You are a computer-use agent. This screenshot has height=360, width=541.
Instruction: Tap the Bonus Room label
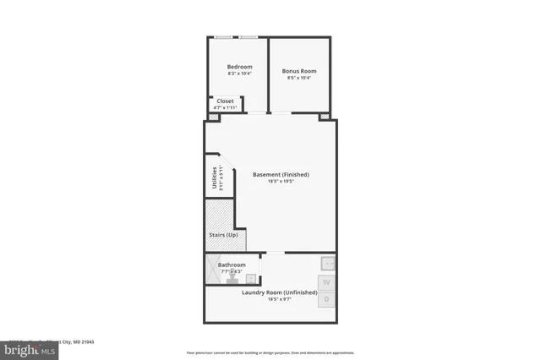[297, 70]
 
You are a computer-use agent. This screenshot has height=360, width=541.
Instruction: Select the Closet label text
[226, 101]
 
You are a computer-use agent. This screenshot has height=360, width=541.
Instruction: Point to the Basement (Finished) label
[281, 174]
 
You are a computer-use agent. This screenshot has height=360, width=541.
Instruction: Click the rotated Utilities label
[215, 179]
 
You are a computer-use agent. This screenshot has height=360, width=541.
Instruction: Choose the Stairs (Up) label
[223, 234]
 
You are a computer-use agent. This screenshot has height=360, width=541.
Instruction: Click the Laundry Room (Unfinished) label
[272, 292]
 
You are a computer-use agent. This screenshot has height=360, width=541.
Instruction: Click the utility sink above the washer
[328, 263]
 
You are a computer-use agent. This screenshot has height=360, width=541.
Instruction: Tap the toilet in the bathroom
[232, 277]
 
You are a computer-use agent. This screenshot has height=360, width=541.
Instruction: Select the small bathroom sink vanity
[251, 277]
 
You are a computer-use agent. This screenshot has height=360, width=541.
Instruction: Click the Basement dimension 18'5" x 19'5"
[281, 181]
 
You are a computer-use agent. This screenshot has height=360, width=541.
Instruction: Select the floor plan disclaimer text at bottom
[270, 352]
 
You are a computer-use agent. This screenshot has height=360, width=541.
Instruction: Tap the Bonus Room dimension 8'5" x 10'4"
[297, 78]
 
